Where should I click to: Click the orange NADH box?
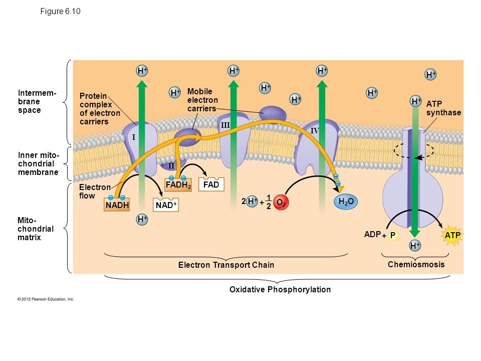[x=117, y=206]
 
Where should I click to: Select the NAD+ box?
[x=166, y=206]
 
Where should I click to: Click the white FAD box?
[x=211, y=185]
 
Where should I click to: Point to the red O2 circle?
[x=282, y=203]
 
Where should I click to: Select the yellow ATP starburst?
[x=452, y=235]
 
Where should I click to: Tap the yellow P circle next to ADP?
[x=393, y=235]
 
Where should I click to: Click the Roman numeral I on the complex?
[x=134, y=137]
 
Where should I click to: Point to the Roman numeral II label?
[x=171, y=165]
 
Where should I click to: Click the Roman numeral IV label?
[x=315, y=131]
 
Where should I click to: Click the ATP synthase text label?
[x=443, y=108]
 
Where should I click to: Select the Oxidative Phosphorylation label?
[x=280, y=290]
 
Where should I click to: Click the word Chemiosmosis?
[x=416, y=264]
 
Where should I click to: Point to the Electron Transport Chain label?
[x=226, y=265]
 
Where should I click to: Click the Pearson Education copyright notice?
[x=46, y=299]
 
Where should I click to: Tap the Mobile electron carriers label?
[x=202, y=100]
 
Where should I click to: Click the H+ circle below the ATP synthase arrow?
[x=414, y=246]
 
